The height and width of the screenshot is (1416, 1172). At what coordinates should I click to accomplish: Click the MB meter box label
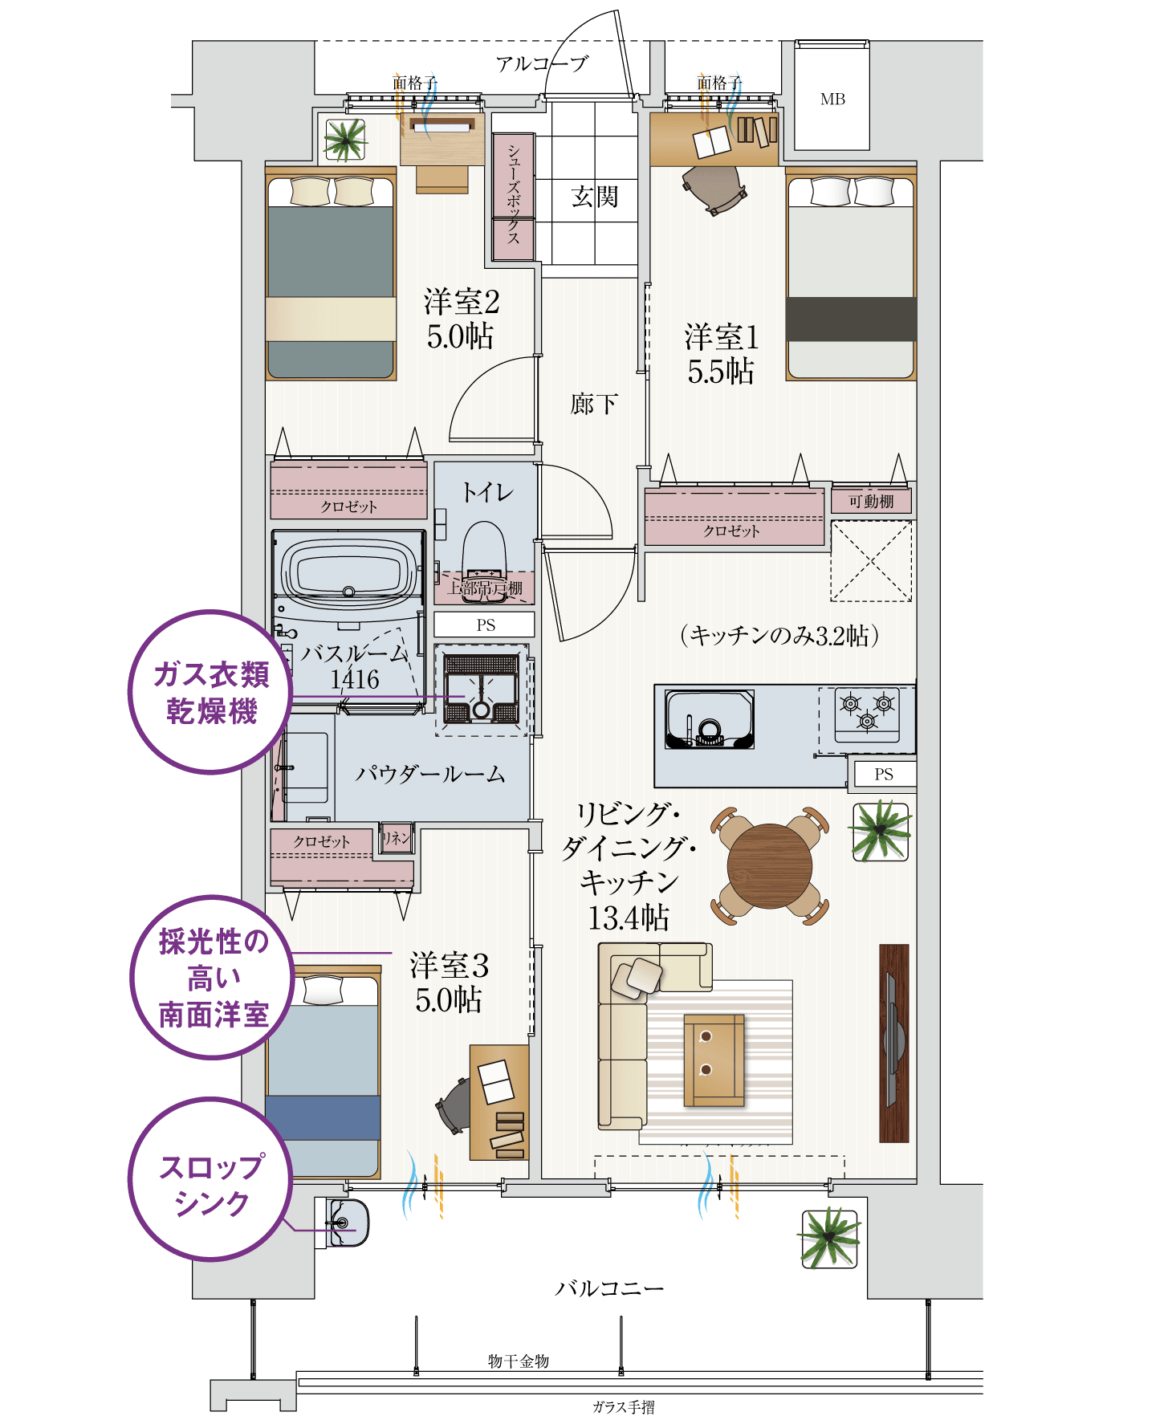[x=832, y=100]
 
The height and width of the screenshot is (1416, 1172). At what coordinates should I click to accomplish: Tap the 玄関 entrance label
[x=595, y=197]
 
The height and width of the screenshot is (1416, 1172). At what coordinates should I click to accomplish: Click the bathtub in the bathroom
[x=348, y=571]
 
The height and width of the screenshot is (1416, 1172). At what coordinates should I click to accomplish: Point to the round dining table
[x=769, y=866]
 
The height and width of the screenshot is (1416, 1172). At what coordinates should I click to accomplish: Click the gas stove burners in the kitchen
[x=867, y=710]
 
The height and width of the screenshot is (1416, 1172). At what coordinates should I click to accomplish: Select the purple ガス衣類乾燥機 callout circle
[x=211, y=693]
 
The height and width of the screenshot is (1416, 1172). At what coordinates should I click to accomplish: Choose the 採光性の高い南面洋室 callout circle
[x=213, y=979]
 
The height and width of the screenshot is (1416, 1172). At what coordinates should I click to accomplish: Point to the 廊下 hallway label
[x=594, y=404]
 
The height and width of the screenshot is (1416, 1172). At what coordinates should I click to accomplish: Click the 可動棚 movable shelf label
[x=872, y=502]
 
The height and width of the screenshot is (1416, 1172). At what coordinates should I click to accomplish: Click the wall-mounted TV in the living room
[x=893, y=1042]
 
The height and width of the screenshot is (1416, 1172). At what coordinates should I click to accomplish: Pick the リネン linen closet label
[x=396, y=838]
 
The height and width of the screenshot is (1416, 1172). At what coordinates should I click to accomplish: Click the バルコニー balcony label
[x=609, y=1289]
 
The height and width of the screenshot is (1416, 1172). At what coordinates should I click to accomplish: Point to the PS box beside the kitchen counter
[x=883, y=775]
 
